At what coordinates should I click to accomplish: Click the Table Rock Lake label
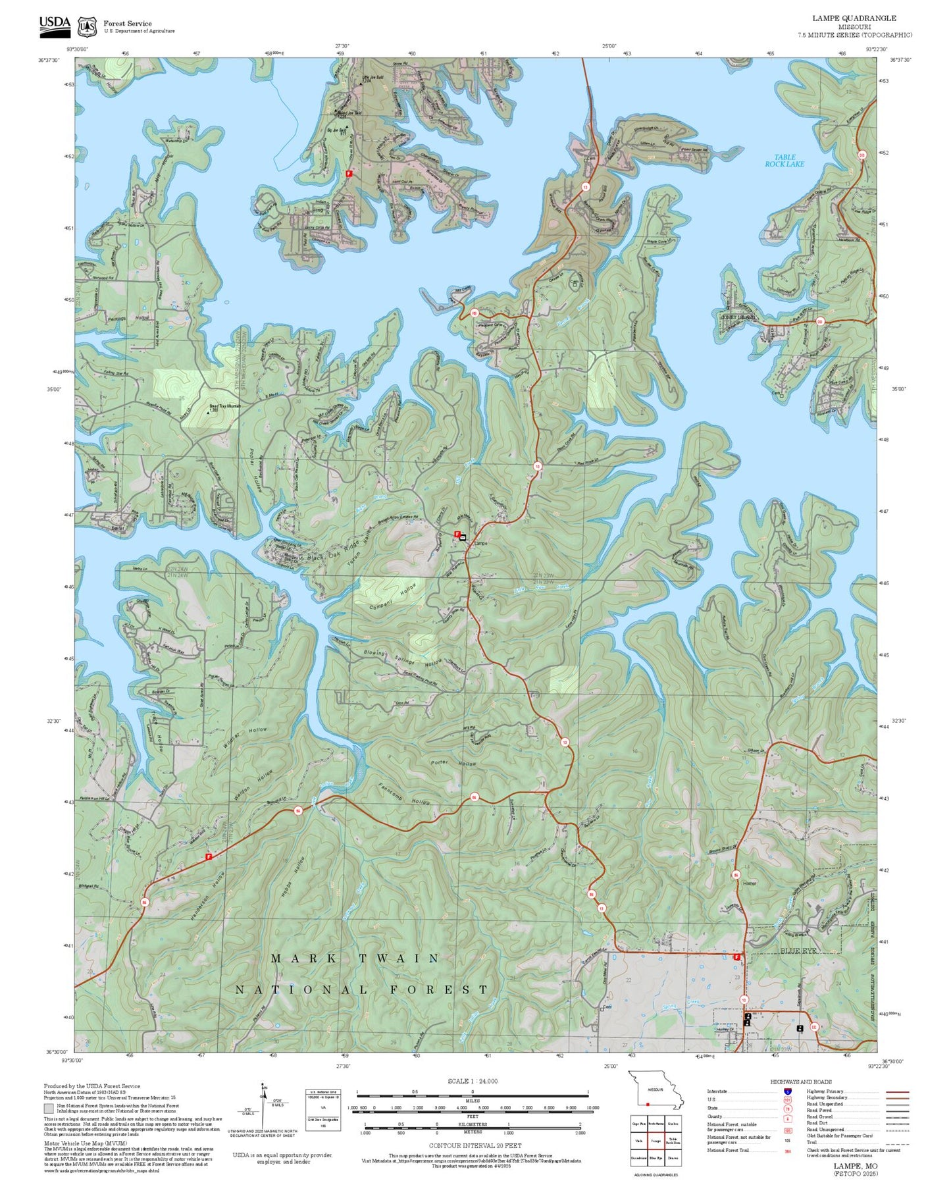[784, 161]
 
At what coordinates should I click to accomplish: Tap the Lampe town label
[480, 544]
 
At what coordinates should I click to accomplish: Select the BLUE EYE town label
[798, 951]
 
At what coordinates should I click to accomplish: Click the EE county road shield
[814, 1027]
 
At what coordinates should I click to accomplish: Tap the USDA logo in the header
[55, 25]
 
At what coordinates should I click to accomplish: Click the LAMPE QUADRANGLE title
[854, 18]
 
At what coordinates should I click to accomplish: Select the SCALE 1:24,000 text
[472, 1081]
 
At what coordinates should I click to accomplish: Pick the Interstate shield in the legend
[787, 1091]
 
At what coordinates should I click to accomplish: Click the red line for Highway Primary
[897, 1091]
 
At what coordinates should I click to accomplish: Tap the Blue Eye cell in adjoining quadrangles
[655, 1157]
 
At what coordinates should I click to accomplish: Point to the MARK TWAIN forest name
[355, 958]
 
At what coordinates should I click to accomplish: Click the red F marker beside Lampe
[457, 534]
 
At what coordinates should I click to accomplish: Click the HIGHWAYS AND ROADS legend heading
[800, 1082]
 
